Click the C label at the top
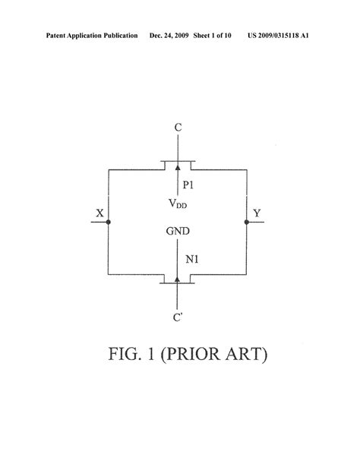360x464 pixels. (178, 128)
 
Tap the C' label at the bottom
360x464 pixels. (178, 317)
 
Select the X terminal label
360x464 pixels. (100, 213)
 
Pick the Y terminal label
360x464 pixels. (257, 213)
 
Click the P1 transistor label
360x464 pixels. (188, 185)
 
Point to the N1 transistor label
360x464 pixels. (192, 260)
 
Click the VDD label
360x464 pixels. (178, 204)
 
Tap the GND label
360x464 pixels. (178, 231)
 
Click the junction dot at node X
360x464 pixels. (109, 222)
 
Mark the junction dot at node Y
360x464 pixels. (247, 222)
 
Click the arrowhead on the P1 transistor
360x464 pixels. (178, 168)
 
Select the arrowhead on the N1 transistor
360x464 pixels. (177, 279)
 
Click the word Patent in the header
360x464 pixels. (56, 36)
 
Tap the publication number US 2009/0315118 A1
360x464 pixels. (278, 36)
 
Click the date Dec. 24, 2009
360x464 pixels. (169, 36)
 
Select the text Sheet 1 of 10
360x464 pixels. (212, 36)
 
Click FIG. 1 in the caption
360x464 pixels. (131, 354)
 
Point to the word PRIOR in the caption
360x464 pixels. (191, 354)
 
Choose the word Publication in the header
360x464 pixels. (121, 36)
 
